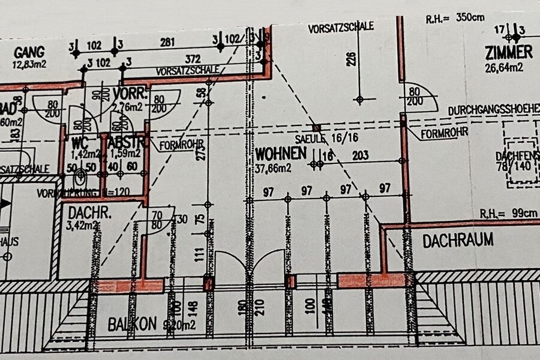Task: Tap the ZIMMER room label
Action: (508, 53)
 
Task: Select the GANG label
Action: (29, 52)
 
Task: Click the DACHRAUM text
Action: (458, 241)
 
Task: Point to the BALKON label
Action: (129, 325)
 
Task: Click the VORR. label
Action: (127, 94)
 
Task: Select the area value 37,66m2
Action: (273, 168)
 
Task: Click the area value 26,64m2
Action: (503, 67)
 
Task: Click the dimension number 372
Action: (191, 59)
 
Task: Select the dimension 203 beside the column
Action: (360, 155)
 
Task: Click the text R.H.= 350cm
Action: (455, 19)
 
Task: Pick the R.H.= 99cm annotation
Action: (509, 212)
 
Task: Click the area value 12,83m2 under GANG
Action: (30, 64)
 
